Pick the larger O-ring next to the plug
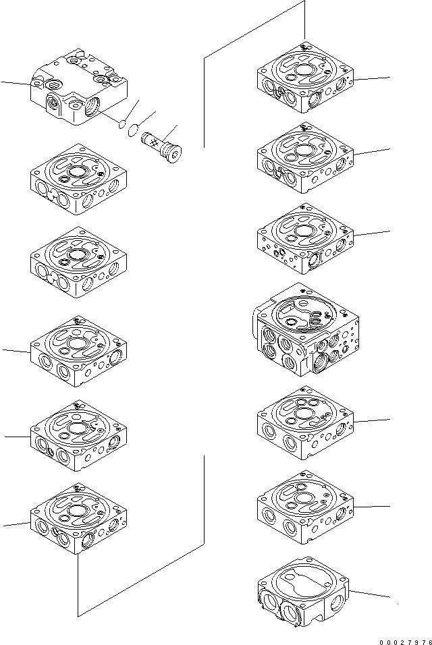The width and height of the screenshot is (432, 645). [134, 130]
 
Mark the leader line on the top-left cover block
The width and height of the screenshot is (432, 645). [15, 84]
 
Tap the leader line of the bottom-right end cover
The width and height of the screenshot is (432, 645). [371, 594]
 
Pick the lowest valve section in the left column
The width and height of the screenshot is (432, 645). [78, 519]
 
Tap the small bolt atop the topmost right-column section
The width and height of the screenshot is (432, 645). [303, 47]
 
